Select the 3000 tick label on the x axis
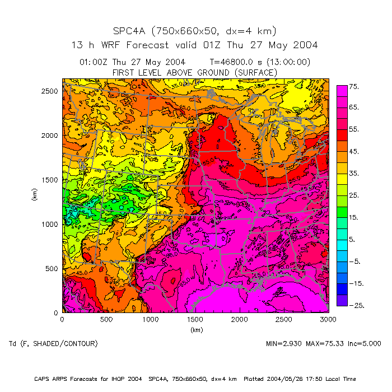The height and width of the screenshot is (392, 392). click(328, 319)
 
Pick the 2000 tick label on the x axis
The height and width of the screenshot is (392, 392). click(240, 319)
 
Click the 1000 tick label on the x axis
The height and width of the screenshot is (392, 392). click(151, 319)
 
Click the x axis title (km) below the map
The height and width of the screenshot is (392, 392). click(195, 330)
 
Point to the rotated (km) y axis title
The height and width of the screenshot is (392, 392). click(34, 195)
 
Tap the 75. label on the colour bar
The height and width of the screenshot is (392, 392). click(354, 87)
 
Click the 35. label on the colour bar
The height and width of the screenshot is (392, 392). click(354, 174)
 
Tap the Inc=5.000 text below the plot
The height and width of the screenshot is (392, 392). click(367, 343)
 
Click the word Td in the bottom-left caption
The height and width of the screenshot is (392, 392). click(13, 343)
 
